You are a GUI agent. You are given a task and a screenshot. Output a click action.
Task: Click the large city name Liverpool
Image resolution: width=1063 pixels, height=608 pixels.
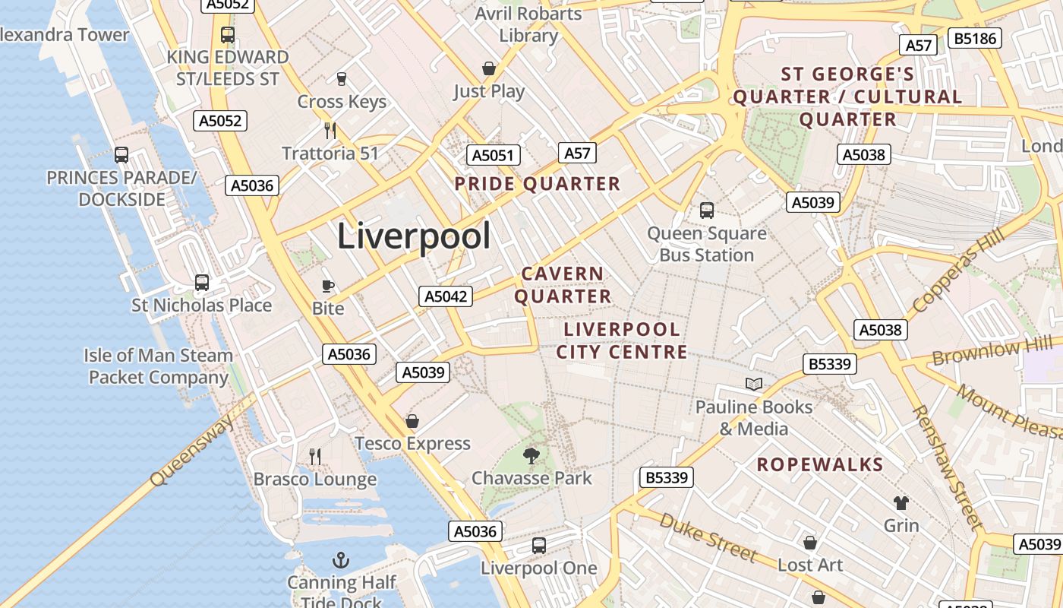(414, 236)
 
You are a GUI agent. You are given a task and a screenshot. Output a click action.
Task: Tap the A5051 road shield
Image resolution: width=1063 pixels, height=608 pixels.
(493, 155)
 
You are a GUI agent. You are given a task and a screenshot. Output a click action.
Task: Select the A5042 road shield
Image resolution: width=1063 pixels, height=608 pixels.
(446, 296)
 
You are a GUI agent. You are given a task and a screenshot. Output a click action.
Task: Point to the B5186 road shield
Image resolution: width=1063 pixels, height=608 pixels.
(976, 38)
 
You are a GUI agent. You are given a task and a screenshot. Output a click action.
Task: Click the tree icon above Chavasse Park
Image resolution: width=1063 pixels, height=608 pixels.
(531, 455)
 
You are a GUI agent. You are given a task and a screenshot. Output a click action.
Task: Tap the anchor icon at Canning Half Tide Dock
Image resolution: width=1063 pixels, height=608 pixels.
(341, 561)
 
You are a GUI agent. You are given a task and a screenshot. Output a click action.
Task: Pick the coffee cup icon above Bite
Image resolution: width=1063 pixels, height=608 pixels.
(328, 286)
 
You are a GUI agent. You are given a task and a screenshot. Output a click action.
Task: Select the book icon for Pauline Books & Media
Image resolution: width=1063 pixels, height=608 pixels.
(753, 385)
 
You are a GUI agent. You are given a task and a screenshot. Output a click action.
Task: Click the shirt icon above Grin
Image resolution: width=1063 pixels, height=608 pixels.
(901, 502)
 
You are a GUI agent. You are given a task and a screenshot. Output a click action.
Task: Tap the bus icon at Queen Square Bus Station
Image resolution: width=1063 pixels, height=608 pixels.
(707, 211)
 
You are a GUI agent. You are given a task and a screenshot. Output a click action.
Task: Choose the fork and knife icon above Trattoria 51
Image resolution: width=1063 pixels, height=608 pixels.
(330, 130)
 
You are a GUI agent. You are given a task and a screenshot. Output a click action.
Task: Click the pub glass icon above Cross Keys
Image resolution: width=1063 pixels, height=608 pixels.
(342, 78)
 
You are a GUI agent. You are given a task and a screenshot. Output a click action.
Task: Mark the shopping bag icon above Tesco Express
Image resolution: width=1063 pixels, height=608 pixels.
(412, 421)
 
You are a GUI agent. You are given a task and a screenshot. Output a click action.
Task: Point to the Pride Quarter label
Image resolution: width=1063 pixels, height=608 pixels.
(538, 184)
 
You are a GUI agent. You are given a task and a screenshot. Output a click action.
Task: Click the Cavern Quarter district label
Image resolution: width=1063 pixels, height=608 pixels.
(563, 285)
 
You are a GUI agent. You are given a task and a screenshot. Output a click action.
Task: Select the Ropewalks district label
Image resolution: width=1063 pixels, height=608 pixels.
(820, 465)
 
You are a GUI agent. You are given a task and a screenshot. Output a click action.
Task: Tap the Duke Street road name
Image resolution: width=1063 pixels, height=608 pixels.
(708, 537)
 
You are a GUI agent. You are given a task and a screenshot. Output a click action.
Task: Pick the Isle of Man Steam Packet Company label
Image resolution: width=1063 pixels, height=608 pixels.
(158, 366)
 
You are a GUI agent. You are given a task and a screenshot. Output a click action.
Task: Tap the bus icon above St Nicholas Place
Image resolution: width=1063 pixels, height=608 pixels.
(202, 283)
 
